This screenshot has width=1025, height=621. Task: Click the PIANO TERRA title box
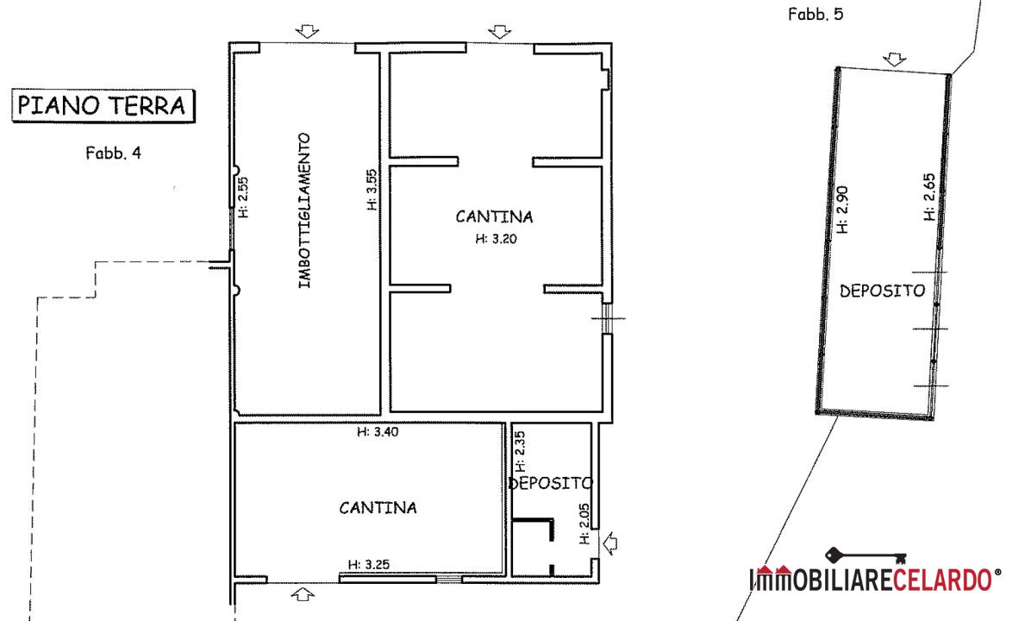[103, 106]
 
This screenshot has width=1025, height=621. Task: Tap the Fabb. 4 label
[113, 153]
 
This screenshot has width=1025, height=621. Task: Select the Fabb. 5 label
[816, 15]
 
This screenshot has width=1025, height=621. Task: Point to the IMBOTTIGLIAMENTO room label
[304, 210]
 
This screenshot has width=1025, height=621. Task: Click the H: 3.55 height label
[372, 191]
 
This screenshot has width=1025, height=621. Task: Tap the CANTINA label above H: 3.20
[494, 216]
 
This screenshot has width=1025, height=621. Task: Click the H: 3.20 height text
[497, 239]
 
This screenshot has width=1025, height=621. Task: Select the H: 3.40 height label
[378, 432]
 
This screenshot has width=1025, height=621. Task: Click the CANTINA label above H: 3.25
[378, 508]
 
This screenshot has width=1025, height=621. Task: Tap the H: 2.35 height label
[521, 451]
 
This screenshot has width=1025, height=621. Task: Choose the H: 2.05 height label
[584, 524]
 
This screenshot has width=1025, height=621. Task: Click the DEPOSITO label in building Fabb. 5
[883, 291]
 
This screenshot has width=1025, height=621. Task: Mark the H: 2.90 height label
[842, 210]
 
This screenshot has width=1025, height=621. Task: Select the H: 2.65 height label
[929, 197]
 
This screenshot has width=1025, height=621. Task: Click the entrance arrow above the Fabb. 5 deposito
[894, 60]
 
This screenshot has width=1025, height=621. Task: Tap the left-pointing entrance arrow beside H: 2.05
[609, 543]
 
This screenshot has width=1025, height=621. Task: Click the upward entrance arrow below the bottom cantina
[302, 594]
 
